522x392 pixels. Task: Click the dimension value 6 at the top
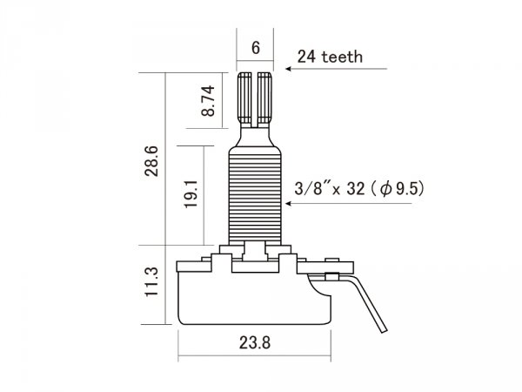pos(255,48)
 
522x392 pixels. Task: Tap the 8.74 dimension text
pos(208,101)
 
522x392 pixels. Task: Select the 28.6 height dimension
pos(151,161)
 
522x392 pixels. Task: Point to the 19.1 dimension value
pos(191,194)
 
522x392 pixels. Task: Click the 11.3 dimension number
pos(151,281)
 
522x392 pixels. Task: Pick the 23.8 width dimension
pos(255,342)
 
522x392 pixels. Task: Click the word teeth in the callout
pos(342,57)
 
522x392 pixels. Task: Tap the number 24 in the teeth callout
pos(306,57)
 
